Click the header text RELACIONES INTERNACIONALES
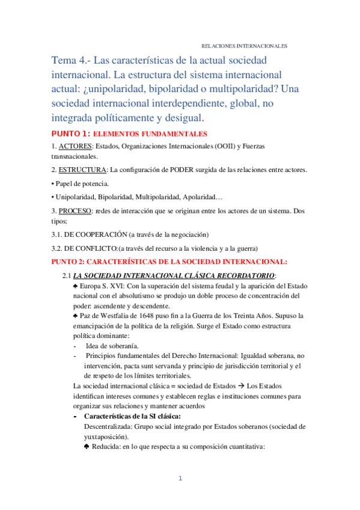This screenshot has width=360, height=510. click(x=243, y=45)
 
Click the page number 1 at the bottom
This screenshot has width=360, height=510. click(x=179, y=479)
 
